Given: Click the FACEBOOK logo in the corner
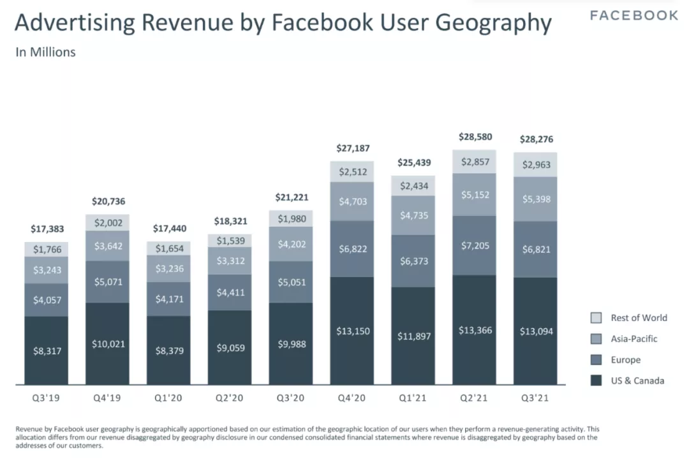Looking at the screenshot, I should (x=633, y=15).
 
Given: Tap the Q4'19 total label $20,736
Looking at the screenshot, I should (x=107, y=201).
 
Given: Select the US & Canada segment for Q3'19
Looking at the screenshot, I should (x=47, y=350).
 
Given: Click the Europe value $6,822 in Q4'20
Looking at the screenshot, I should (x=353, y=248).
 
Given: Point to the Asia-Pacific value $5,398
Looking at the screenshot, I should (x=535, y=198).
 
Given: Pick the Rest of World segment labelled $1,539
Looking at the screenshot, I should (x=230, y=240).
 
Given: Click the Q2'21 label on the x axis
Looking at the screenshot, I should (x=475, y=399).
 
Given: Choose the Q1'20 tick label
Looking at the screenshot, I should (x=168, y=399).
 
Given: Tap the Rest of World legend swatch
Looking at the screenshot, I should (x=596, y=318).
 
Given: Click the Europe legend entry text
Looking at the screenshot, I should (x=625, y=360).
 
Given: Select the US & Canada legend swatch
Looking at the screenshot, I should (x=596, y=381).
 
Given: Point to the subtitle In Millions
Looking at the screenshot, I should (x=45, y=52).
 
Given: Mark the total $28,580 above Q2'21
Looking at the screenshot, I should (x=475, y=137).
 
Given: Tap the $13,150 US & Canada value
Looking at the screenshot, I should (x=353, y=331).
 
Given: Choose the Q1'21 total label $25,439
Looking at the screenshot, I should (x=413, y=162).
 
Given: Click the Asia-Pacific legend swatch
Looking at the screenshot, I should (x=596, y=339).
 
